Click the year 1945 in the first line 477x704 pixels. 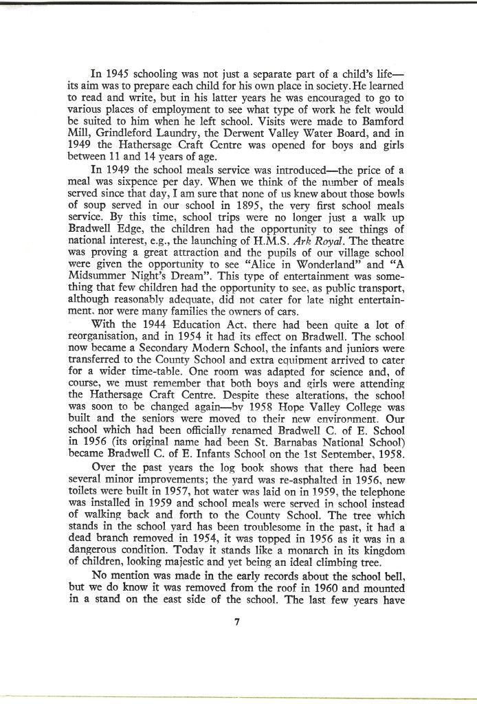click(119, 73)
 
